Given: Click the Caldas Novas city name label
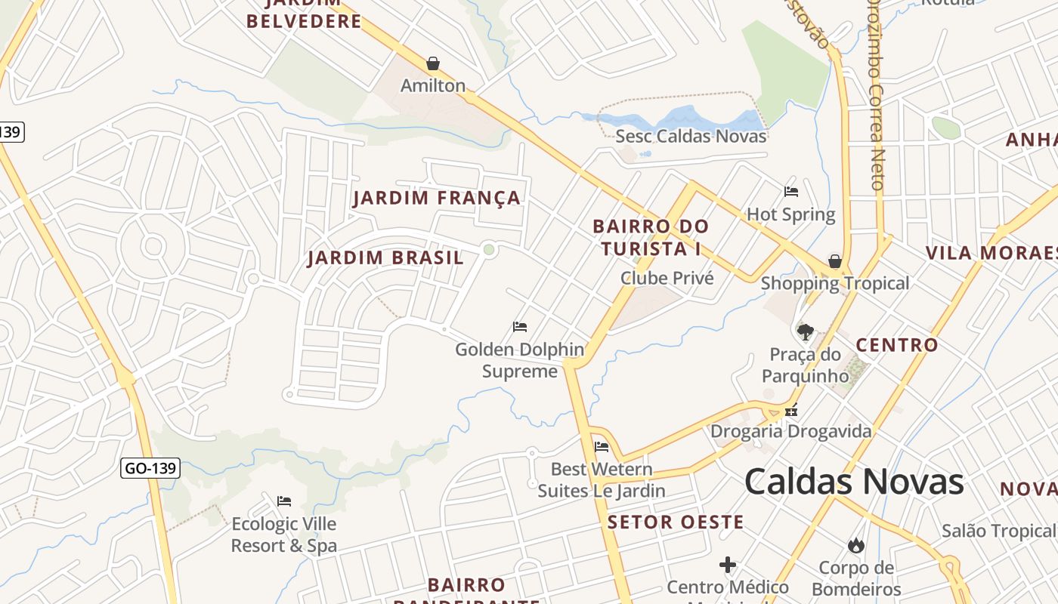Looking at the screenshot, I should pyautogui.click(x=854, y=482).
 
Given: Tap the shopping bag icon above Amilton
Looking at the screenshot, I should pyautogui.click(x=433, y=63).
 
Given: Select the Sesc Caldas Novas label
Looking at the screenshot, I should pyautogui.click(x=691, y=137).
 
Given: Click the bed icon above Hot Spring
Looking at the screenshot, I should pyautogui.click(x=791, y=192).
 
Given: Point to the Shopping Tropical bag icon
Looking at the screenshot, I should pyautogui.click(x=835, y=261).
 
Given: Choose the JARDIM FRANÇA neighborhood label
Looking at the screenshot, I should pyautogui.click(x=437, y=199).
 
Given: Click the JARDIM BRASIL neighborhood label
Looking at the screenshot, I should pyautogui.click(x=385, y=258).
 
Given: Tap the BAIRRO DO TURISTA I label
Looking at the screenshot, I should pyautogui.click(x=651, y=237).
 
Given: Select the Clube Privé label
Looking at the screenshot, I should pyautogui.click(x=667, y=278).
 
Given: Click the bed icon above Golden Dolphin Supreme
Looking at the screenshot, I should pyautogui.click(x=520, y=327).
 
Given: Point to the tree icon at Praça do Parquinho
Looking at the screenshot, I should pyautogui.click(x=805, y=331).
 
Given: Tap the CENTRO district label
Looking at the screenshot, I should pyautogui.click(x=896, y=346).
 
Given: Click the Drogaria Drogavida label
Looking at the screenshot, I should pyautogui.click(x=790, y=432).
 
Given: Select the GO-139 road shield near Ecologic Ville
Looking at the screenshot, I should pyautogui.click(x=150, y=468).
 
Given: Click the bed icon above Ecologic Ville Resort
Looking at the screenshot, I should pyautogui.click(x=284, y=501).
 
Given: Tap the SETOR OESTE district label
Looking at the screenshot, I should pyautogui.click(x=676, y=522).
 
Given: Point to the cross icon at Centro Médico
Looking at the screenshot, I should pyautogui.click(x=728, y=565).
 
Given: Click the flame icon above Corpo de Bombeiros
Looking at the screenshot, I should pyautogui.click(x=856, y=545).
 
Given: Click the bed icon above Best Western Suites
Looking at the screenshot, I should pyautogui.click(x=602, y=446).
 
